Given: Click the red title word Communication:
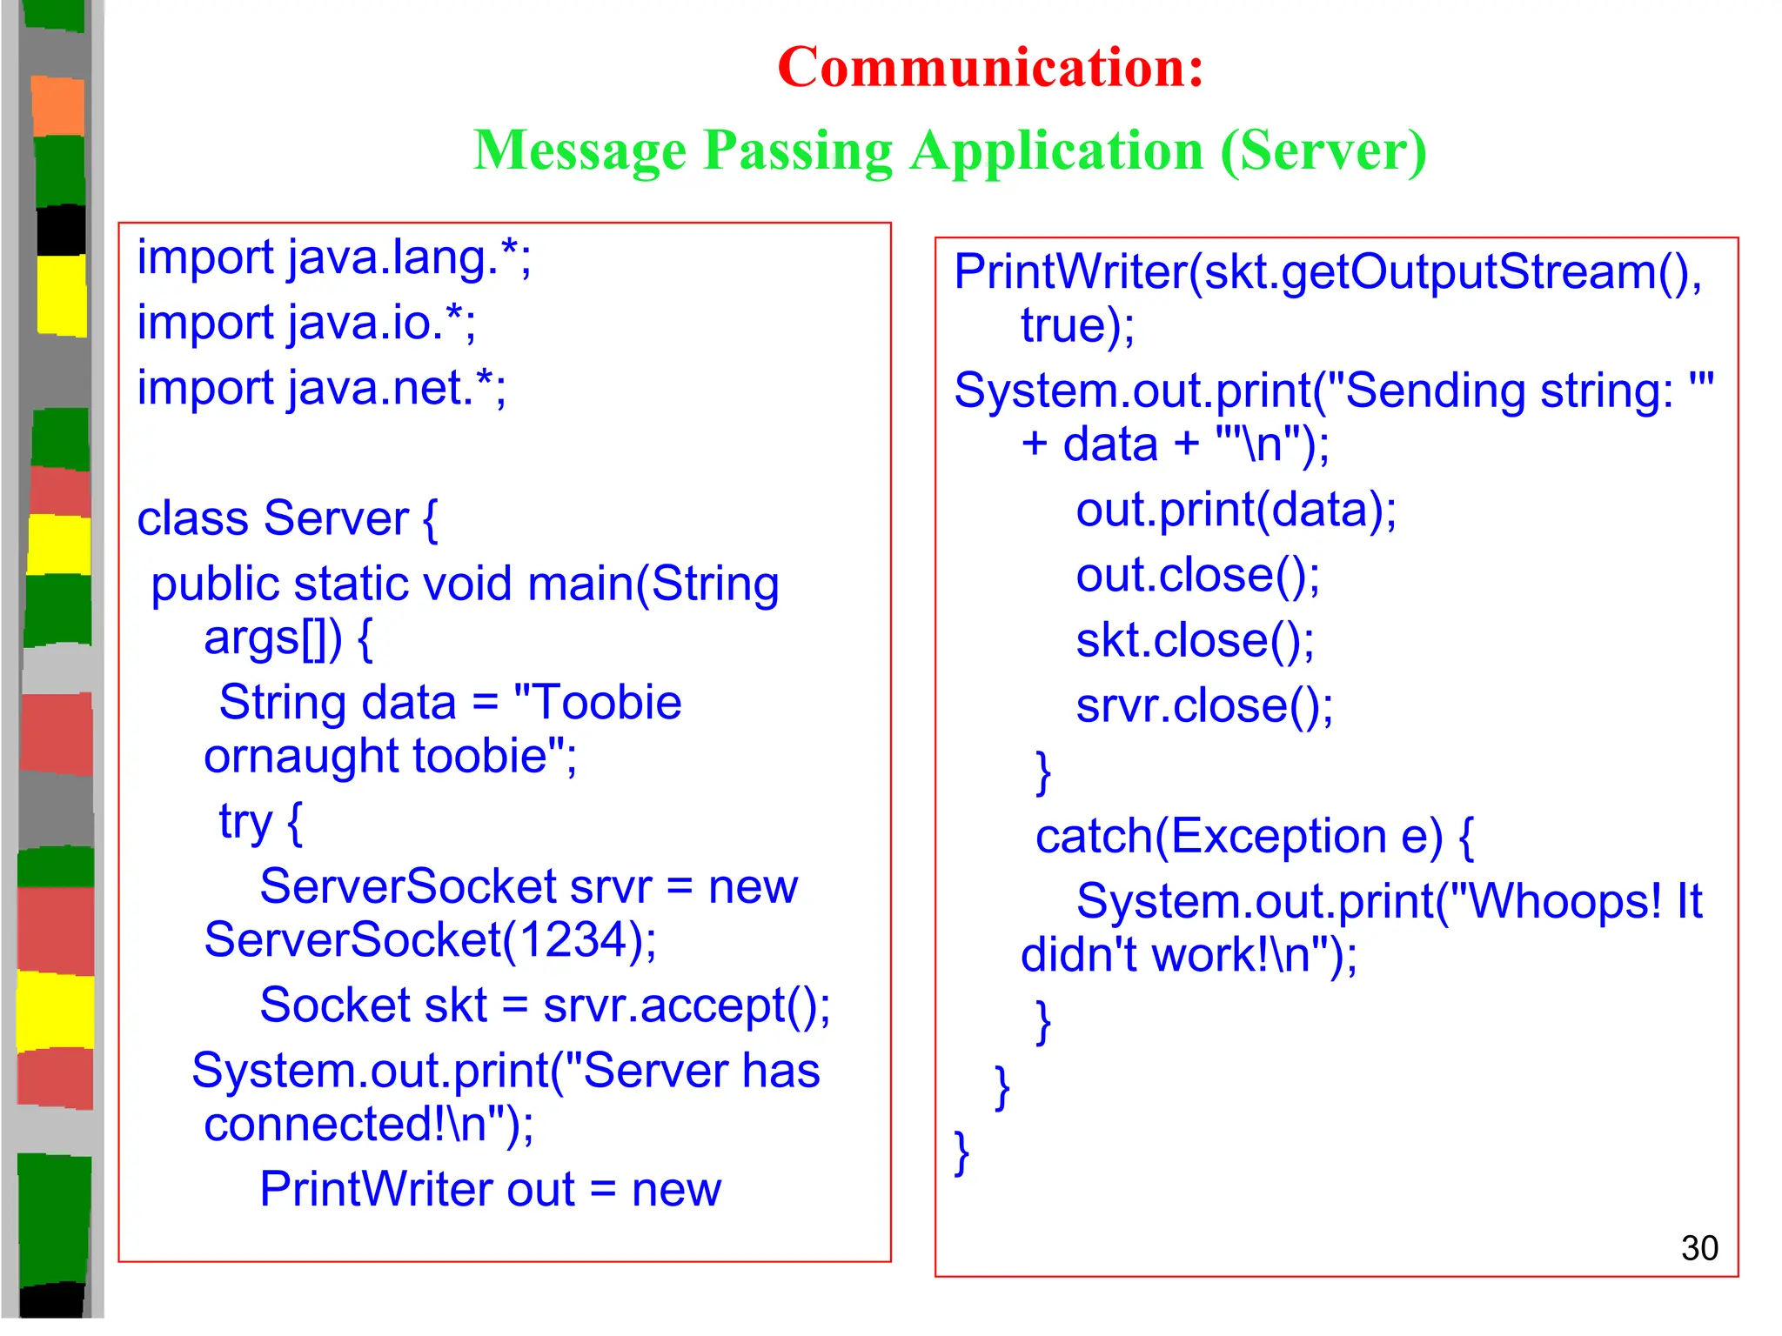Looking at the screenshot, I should [x=990, y=67].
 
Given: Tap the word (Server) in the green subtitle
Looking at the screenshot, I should [x=1323, y=150].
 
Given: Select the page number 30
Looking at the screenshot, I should [x=1698, y=1248].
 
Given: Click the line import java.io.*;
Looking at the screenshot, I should [x=306, y=323].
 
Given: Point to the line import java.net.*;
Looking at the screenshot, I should [x=321, y=388].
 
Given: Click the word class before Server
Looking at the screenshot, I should [x=192, y=518].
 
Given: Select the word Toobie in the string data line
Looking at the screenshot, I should [x=606, y=703].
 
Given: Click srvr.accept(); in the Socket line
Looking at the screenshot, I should [x=687, y=1005].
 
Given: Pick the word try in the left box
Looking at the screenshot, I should [x=245, y=822].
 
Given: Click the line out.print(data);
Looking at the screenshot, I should [x=1236, y=510].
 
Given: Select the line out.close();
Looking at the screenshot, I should [x=1197, y=575].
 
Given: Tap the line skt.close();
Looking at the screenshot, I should [x=1195, y=641].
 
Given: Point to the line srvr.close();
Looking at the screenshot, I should [x=1204, y=705].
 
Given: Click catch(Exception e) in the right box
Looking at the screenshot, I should [x=1239, y=836].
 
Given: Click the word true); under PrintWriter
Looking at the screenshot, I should [x=1077, y=326].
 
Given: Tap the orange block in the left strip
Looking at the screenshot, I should [x=58, y=105].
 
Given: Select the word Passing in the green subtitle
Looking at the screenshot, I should [x=798, y=150].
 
